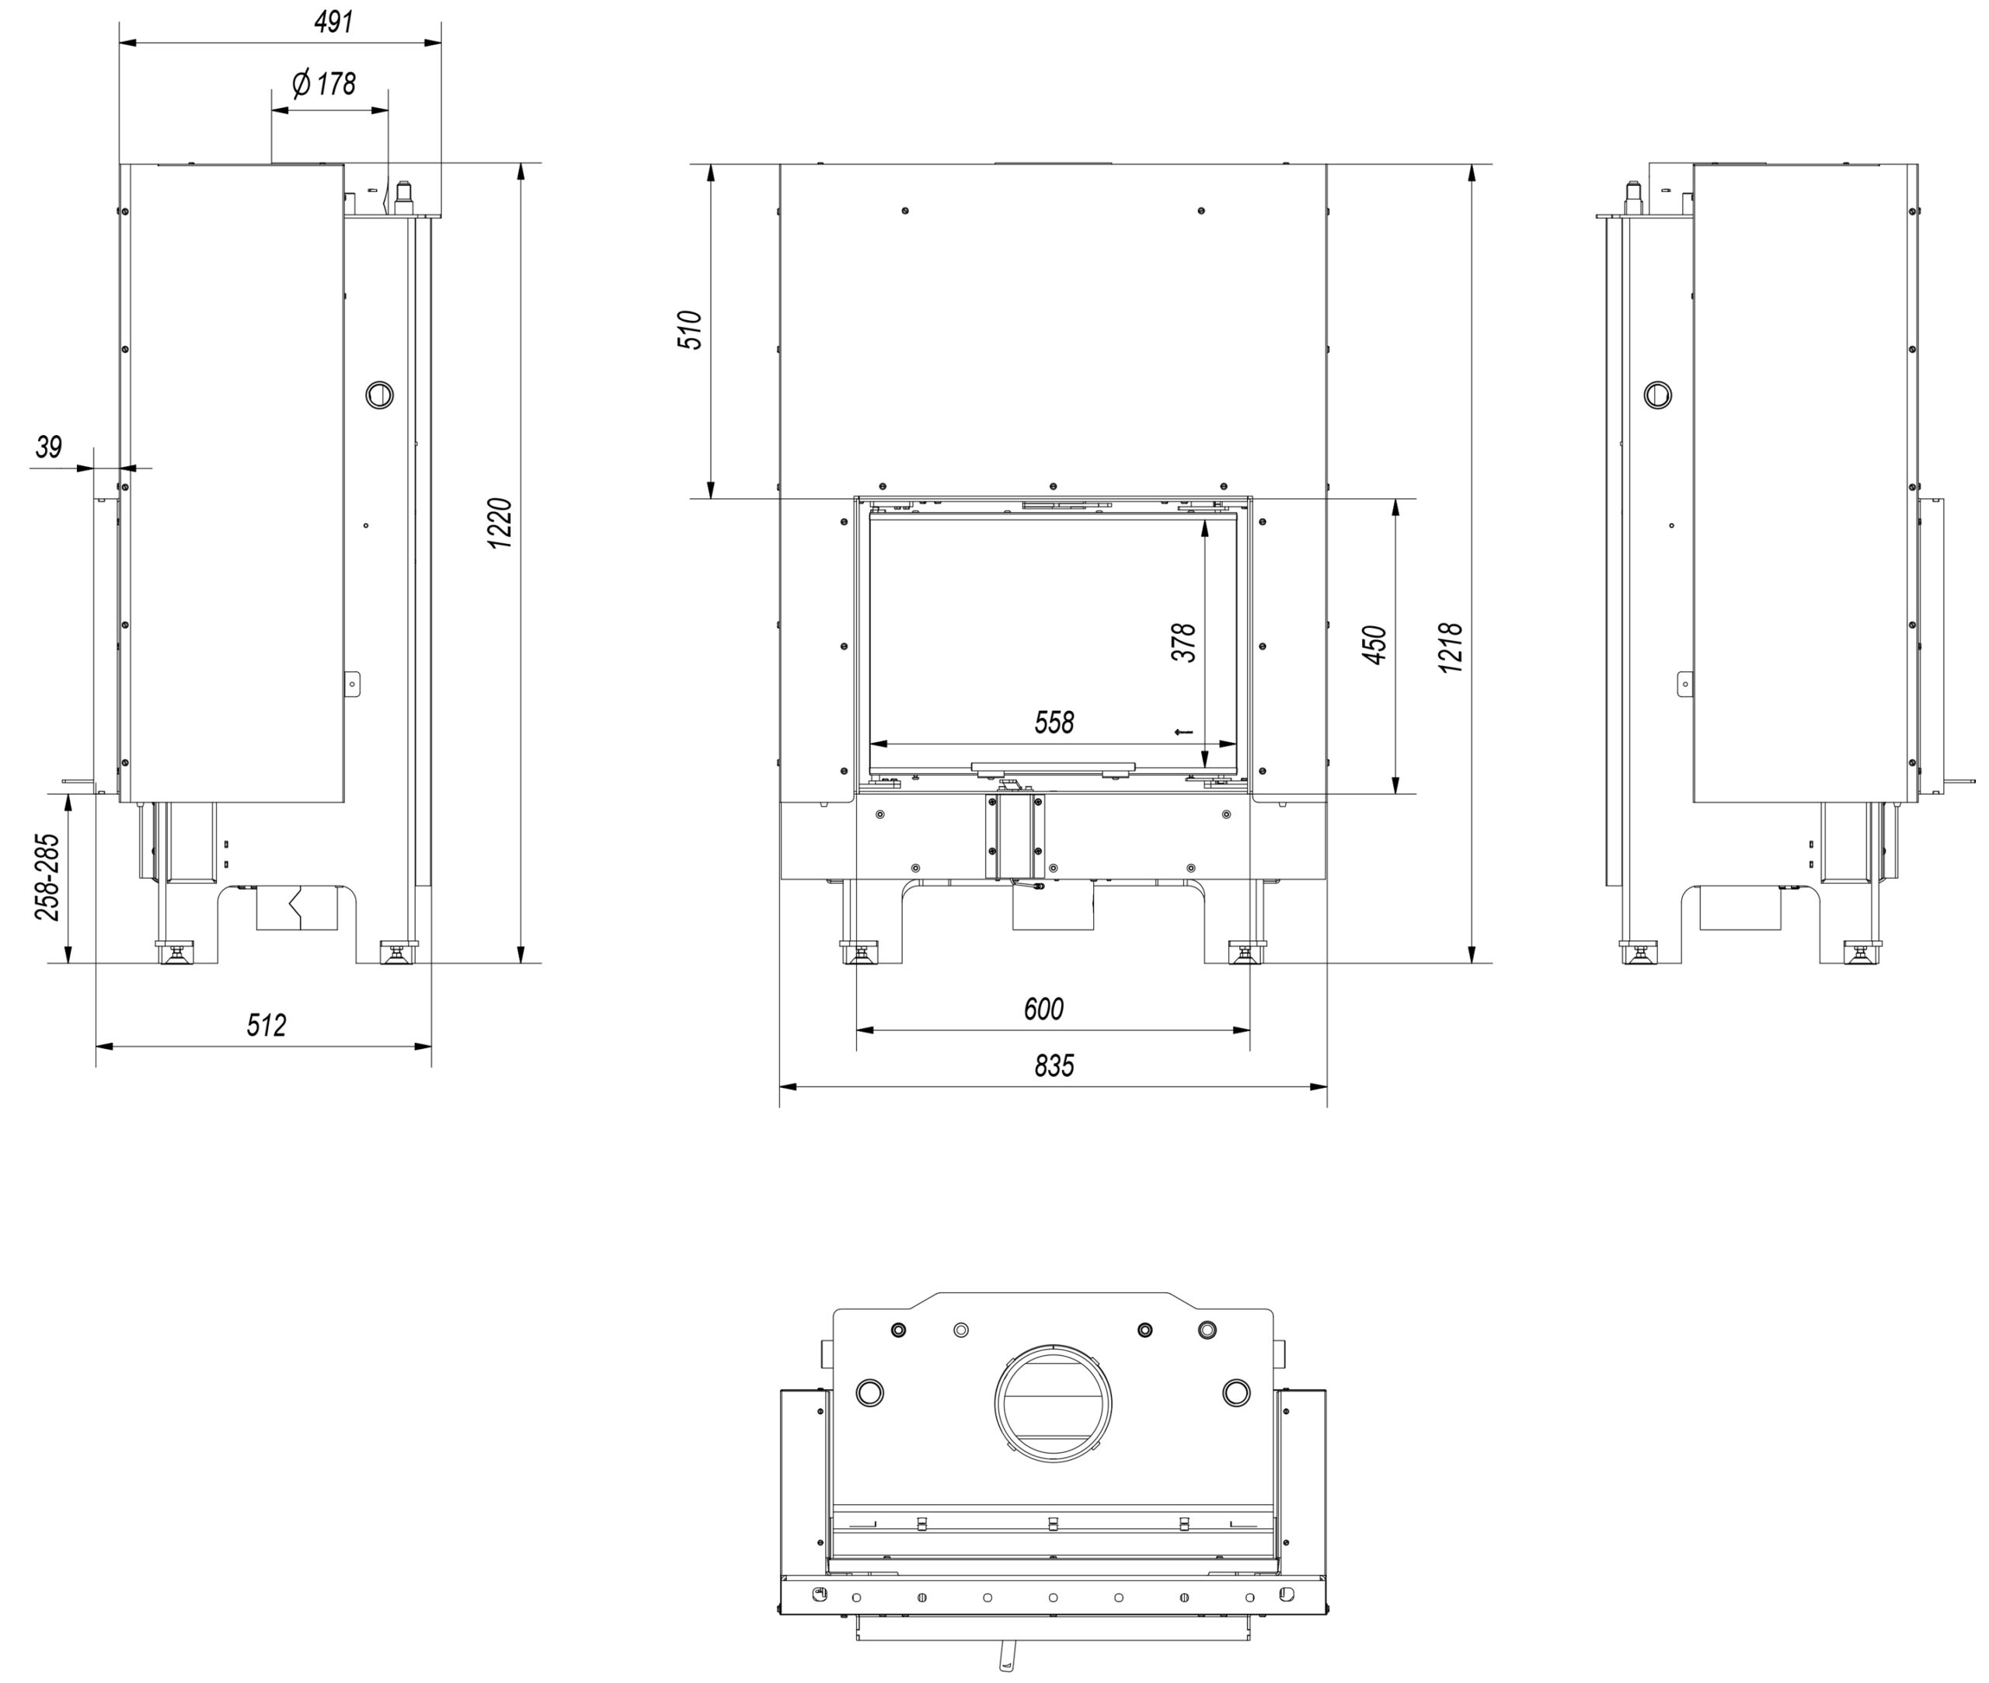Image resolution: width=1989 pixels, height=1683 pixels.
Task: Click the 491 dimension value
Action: tap(334, 22)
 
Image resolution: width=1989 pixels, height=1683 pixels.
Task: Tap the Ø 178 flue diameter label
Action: tap(324, 84)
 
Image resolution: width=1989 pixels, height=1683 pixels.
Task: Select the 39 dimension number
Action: tap(49, 447)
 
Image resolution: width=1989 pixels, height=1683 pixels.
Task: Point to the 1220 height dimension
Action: tap(501, 523)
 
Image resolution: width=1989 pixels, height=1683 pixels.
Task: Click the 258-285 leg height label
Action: tap(47, 876)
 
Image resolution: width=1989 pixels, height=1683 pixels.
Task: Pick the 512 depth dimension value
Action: tap(266, 1025)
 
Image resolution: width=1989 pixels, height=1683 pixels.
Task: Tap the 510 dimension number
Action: tap(690, 330)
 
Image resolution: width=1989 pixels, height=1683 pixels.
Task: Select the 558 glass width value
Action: tap(1054, 723)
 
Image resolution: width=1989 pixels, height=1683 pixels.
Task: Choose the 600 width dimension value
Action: tap(1043, 1009)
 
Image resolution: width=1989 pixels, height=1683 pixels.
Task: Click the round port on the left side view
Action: tap(380, 394)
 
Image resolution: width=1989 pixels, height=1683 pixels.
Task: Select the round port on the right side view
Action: tap(1658, 394)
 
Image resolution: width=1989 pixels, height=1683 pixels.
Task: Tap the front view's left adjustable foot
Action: tap(859, 952)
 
